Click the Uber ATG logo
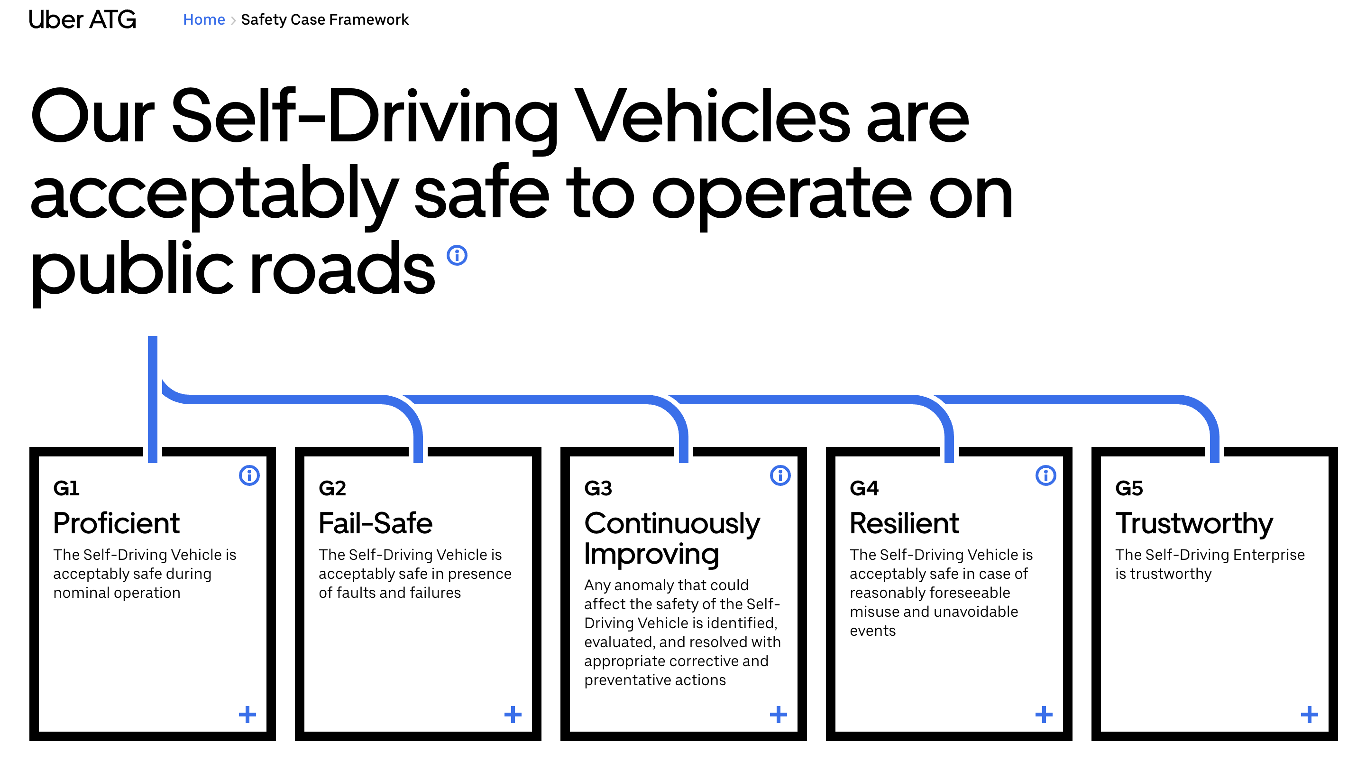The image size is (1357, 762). (x=83, y=20)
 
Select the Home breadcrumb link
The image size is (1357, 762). (x=204, y=19)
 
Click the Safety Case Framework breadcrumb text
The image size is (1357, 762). (x=324, y=19)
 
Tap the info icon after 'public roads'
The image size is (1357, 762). (x=457, y=256)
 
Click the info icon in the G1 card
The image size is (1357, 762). (x=249, y=475)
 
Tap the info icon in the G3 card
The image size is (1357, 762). (x=780, y=475)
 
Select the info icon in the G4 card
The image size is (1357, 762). (x=1045, y=475)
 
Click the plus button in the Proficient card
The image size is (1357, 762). (x=247, y=715)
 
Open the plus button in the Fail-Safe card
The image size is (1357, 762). (x=513, y=715)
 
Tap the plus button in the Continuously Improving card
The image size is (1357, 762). (x=778, y=715)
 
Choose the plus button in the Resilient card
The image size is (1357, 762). (x=1044, y=715)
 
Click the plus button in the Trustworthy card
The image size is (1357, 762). (x=1309, y=715)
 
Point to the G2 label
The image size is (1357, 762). (x=332, y=489)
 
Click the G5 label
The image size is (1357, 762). (x=1129, y=489)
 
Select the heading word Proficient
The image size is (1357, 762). (x=117, y=523)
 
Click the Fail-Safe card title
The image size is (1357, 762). (x=376, y=523)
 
